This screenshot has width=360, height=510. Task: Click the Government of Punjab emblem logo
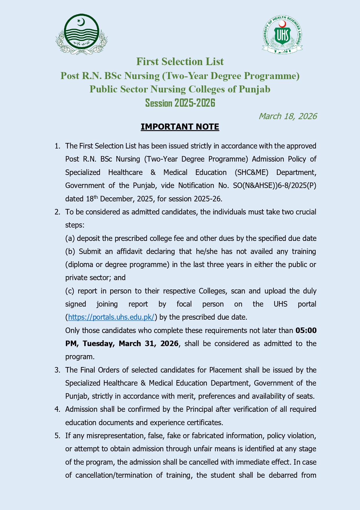(x=82, y=34)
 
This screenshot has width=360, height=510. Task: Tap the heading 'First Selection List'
(x=180, y=62)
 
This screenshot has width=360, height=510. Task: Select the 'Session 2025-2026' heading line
(x=180, y=103)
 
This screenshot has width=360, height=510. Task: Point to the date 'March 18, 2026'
(x=287, y=116)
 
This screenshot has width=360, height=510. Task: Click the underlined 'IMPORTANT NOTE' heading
(x=180, y=127)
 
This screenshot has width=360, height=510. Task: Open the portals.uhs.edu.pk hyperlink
(x=111, y=317)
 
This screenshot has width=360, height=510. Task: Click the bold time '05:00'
(x=306, y=330)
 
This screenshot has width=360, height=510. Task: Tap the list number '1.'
(x=57, y=146)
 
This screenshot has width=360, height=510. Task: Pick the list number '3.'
(x=57, y=370)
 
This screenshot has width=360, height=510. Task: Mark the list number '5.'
(x=57, y=436)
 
